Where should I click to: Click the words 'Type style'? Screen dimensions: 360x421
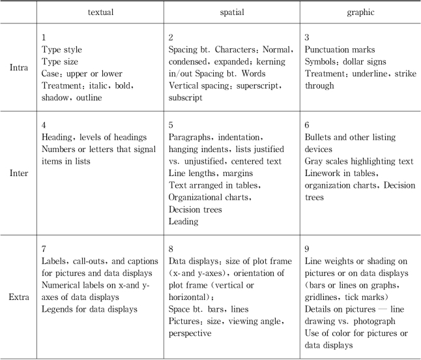click(62, 50)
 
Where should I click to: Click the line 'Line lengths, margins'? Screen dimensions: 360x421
click(210, 173)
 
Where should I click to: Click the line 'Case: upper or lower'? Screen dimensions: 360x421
click(81, 74)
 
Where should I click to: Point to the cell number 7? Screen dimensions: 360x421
click(44, 248)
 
